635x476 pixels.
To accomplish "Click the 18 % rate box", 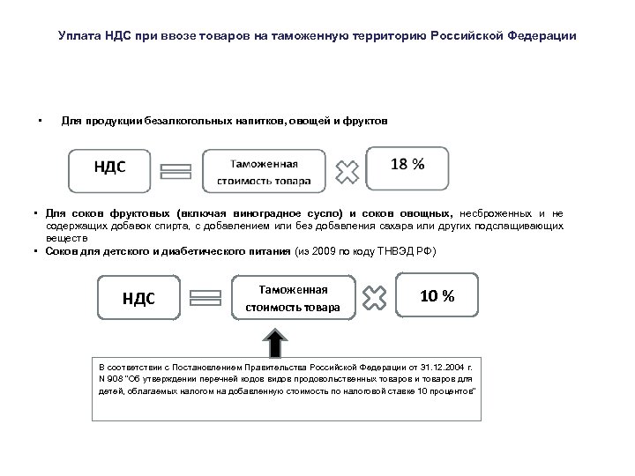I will [407, 167].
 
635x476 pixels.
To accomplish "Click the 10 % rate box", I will [438, 295].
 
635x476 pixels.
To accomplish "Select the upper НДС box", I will [110, 168].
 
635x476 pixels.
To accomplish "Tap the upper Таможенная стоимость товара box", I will [269, 170].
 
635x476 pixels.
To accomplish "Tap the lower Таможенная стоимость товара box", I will [295, 297].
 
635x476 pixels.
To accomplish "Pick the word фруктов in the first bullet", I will [363, 119].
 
